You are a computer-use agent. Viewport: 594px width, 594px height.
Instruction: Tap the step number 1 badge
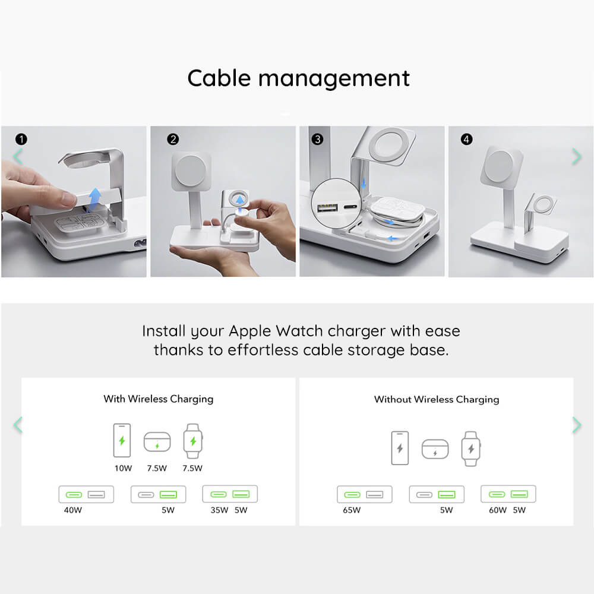pyautogui.click(x=21, y=140)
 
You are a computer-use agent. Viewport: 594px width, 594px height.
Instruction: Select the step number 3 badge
pyautogui.click(x=318, y=140)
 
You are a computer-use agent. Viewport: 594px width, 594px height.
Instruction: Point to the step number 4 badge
pyautogui.click(x=466, y=140)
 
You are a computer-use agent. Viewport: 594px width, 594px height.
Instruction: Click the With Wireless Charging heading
pyautogui.click(x=158, y=399)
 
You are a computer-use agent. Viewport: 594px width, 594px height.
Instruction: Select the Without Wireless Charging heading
pyautogui.click(x=436, y=399)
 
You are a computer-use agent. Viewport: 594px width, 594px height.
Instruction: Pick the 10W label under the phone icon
pyautogui.click(x=123, y=468)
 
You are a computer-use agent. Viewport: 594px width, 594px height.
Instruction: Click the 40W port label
pyautogui.click(x=73, y=510)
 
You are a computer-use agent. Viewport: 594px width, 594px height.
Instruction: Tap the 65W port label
pyautogui.click(x=352, y=510)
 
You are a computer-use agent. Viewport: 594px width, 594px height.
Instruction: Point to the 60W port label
pyautogui.click(x=497, y=510)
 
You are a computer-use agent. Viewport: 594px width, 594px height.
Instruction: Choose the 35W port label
pyautogui.click(x=220, y=510)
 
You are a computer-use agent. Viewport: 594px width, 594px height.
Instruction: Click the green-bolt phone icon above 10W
pyautogui.click(x=122, y=441)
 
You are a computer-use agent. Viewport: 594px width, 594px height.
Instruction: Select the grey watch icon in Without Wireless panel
pyautogui.click(x=470, y=448)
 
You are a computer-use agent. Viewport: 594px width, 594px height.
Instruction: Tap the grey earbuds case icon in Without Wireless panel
pyautogui.click(x=435, y=449)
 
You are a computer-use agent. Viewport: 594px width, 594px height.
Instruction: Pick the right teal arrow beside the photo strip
pyautogui.click(x=576, y=156)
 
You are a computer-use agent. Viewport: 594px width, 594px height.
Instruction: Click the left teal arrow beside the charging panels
pyautogui.click(x=18, y=425)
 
